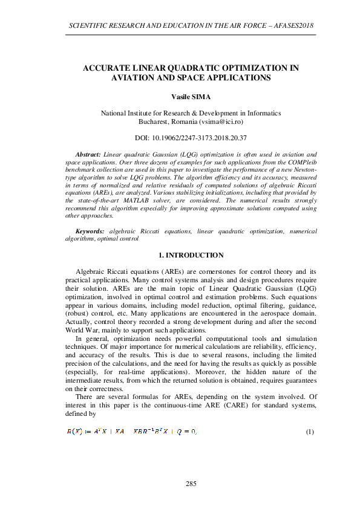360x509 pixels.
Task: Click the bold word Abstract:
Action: [x=88, y=155]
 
